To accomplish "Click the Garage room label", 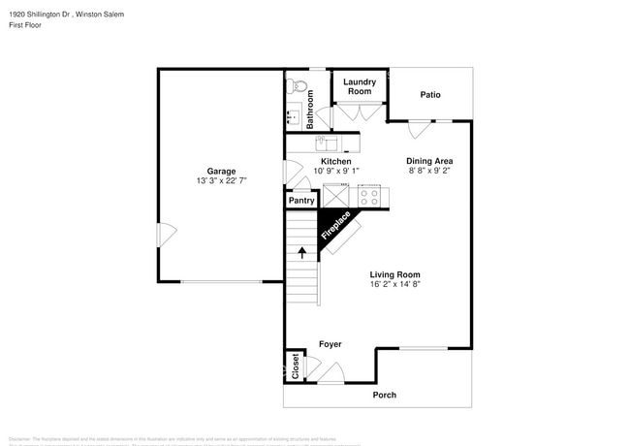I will point(221,171).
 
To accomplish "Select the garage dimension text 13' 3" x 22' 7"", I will point(221,180).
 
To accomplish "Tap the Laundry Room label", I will point(360,87).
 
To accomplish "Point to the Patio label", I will point(429,95).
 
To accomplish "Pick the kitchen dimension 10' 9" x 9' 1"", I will point(335,171).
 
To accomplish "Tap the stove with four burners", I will point(369,194).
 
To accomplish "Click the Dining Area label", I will point(429,161).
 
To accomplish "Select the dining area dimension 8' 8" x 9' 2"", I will point(429,171).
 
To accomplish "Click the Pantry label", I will point(301,201).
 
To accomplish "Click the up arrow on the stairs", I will point(301,253).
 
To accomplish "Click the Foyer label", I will point(331,344).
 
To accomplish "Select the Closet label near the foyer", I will point(296,366).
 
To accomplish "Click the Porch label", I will point(385,395).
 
